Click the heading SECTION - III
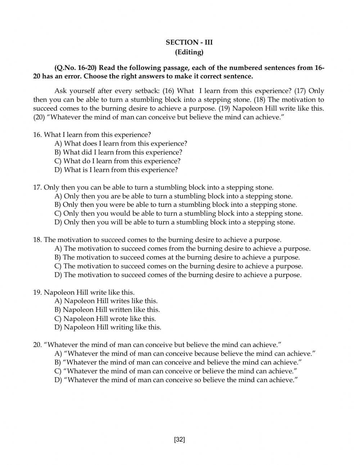point(189,42)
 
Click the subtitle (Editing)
point(189,52)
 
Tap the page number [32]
point(179,439)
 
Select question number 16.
point(37,135)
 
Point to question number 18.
point(37,240)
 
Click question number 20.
point(37,345)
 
